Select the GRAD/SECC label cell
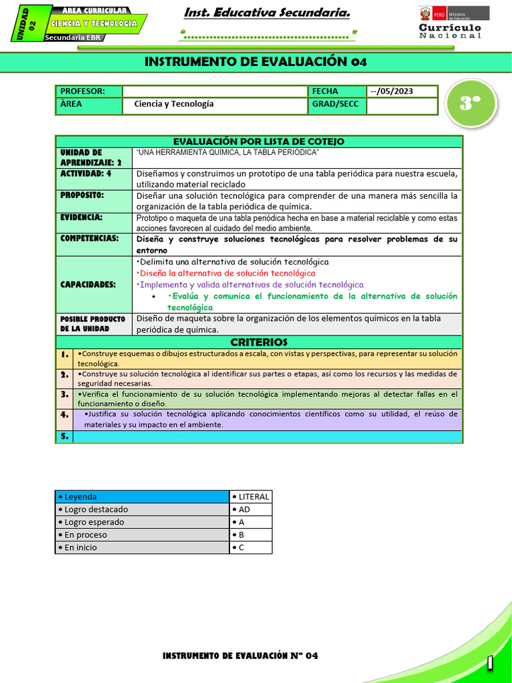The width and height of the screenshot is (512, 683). click(336, 104)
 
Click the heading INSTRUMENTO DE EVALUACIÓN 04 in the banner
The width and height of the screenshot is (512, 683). click(255, 62)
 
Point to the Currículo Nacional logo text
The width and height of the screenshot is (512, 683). click(450, 31)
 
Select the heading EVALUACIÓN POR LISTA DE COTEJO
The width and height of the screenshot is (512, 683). click(259, 141)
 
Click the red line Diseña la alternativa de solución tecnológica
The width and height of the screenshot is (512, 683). click(225, 273)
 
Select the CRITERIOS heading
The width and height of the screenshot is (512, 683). click(259, 342)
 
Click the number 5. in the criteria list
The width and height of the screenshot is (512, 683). click(64, 437)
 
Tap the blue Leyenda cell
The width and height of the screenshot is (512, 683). click(141, 496)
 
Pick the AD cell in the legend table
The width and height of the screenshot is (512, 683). click(251, 509)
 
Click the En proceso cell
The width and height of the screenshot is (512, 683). click(141, 535)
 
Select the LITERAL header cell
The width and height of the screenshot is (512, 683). click(251, 496)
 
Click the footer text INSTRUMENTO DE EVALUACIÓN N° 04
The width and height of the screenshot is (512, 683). click(240, 656)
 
